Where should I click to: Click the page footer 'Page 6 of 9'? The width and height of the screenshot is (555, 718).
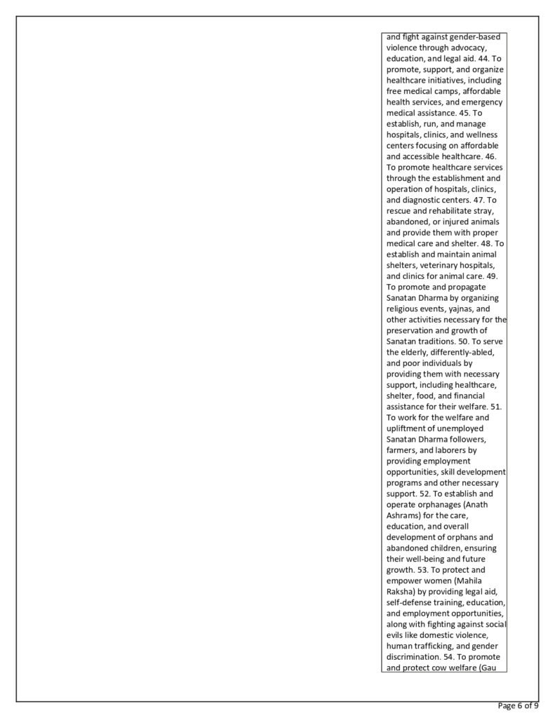pyautogui.click(x=518, y=706)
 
